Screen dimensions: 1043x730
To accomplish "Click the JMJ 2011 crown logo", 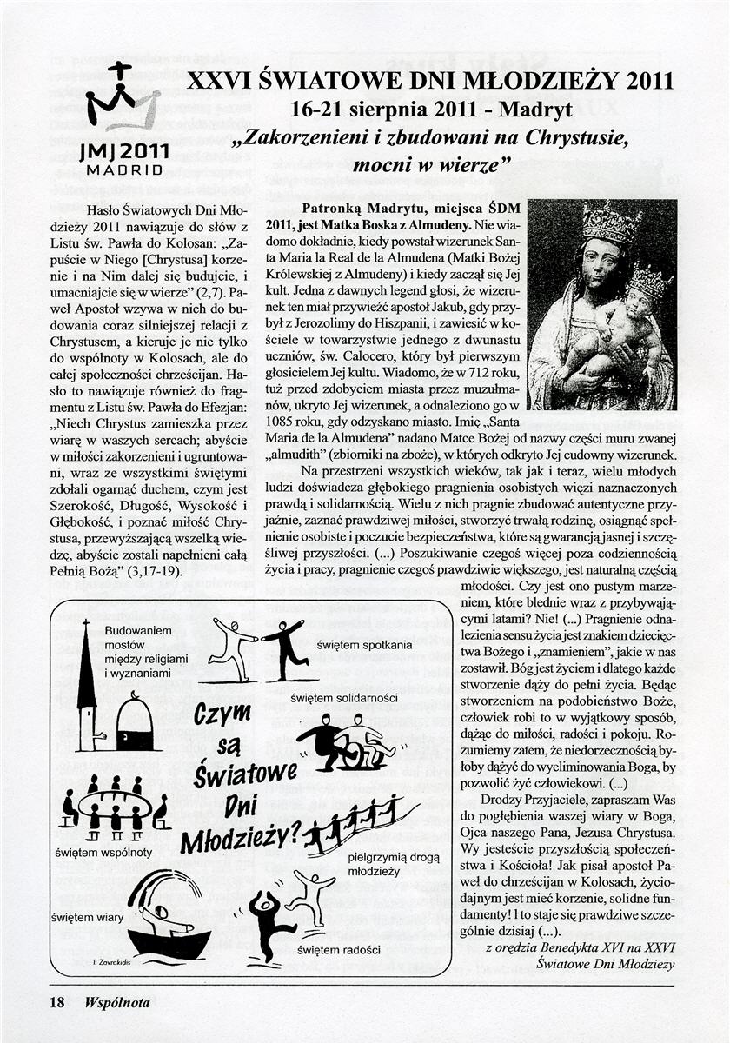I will coord(122,98).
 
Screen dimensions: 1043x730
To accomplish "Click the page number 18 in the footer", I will coord(57,1002).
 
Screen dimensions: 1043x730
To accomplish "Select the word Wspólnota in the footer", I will coord(117,1002).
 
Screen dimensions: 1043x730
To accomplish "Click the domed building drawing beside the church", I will coord(135,723).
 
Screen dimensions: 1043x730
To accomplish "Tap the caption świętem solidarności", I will coord(357,697).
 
